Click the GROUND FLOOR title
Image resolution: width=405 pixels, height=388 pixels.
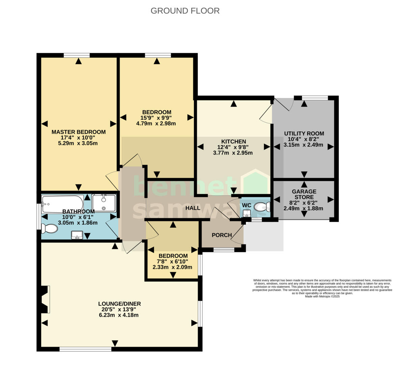185,11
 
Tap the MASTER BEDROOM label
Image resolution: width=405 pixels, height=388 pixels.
78,132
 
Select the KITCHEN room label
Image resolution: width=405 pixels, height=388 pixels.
233,141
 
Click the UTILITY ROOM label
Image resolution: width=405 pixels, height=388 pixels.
304,134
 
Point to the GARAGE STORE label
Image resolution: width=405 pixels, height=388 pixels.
304,194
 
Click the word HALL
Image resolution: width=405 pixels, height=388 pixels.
193,208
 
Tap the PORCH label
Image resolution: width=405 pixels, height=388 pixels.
222,235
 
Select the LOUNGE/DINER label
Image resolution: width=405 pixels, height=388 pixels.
119,304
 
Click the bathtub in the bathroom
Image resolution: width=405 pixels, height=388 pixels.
62,204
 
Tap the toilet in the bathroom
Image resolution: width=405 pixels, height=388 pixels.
49,229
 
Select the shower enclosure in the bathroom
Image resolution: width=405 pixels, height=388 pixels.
104,203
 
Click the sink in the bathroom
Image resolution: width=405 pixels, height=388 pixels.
78,234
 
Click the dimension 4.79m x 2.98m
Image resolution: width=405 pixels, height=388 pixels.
156,123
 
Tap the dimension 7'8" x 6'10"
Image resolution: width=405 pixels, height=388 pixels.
172,261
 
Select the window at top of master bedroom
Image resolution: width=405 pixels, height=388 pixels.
77,55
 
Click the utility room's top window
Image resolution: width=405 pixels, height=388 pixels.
315,98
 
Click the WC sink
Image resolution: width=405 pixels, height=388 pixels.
247,213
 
